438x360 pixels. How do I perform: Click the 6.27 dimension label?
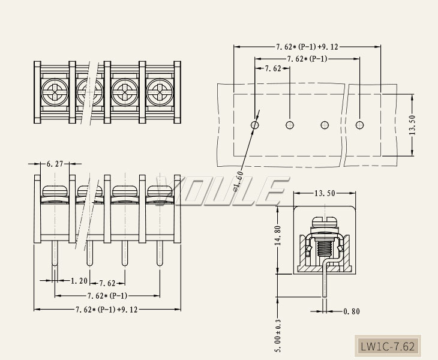[55, 163]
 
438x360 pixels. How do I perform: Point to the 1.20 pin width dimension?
[79, 281]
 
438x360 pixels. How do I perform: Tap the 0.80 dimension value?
[352, 311]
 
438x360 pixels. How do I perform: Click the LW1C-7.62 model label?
[387, 347]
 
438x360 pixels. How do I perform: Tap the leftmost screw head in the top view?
[55, 93]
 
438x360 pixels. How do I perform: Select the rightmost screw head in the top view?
[160, 93]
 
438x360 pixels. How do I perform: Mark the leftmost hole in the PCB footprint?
[255, 125]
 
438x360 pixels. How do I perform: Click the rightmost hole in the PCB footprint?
[360, 125]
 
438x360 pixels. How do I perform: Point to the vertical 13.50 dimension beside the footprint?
[412, 125]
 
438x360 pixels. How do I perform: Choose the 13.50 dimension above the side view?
[325, 193]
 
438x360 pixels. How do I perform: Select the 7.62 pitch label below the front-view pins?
[107, 283]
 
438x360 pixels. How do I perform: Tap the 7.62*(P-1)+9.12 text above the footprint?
[307, 46]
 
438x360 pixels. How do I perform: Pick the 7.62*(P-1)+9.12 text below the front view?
[106, 310]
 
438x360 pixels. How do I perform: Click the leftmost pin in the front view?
[55, 252]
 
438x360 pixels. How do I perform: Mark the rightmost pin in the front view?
[160, 252]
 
